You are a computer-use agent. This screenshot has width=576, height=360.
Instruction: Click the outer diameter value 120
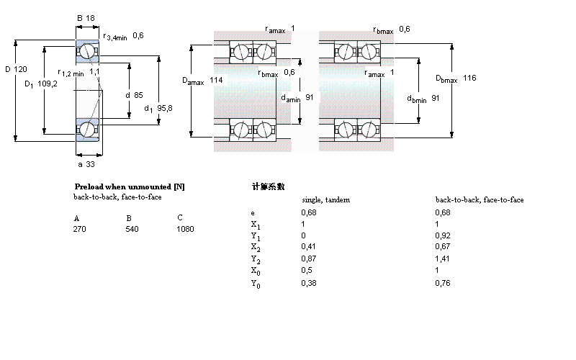point(20,69)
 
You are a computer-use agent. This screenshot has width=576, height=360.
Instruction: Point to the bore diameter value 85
point(137,95)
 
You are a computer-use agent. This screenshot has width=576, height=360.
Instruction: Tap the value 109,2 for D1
point(48,84)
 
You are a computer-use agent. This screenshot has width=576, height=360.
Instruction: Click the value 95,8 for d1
point(165,108)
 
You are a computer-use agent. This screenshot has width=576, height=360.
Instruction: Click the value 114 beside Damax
point(216,80)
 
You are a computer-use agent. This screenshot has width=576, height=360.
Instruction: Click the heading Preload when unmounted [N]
point(130,186)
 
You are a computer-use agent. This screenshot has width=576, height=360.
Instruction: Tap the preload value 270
point(80,229)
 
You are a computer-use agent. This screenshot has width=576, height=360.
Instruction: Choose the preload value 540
point(132,229)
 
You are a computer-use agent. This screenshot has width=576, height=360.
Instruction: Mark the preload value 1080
point(185,229)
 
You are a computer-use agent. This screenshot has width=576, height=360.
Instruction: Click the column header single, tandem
point(325,199)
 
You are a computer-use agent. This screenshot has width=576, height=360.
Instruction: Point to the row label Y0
point(255,284)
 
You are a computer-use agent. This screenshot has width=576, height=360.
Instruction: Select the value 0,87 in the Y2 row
point(307,257)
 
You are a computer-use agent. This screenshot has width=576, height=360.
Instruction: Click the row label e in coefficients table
point(252,212)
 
